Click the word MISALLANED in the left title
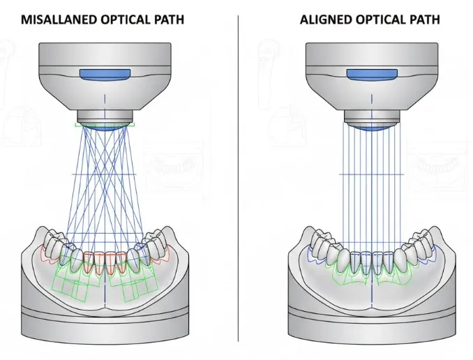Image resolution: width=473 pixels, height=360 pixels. (53, 19)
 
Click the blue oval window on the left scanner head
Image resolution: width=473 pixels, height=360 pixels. (104, 74)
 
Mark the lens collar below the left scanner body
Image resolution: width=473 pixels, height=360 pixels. (104, 116)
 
